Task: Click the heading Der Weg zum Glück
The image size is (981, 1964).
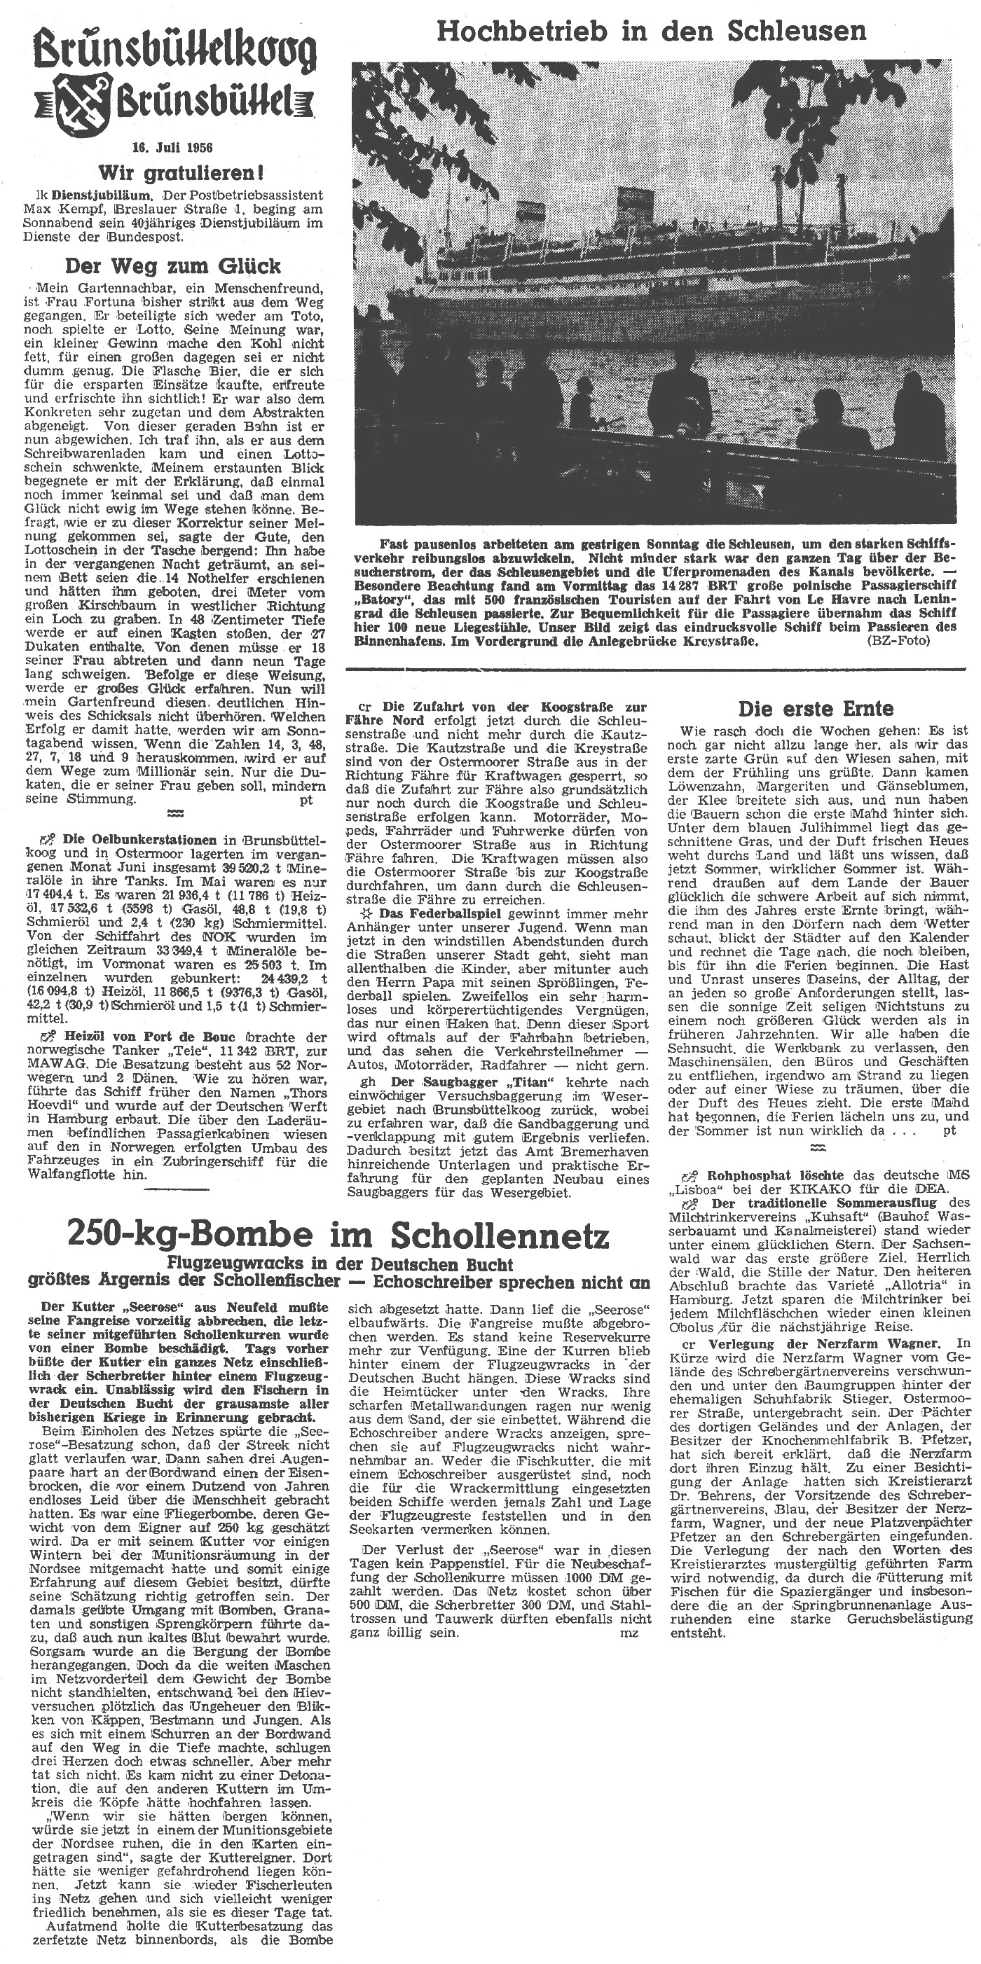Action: click(173, 266)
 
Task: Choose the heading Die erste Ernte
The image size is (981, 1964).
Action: click(816, 708)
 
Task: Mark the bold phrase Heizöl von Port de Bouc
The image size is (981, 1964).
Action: click(142, 1037)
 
